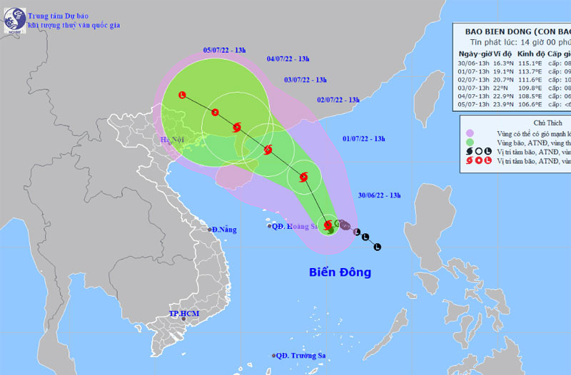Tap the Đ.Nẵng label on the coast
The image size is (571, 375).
click(x=222, y=230)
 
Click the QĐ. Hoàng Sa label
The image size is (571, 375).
click(x=293, y=226)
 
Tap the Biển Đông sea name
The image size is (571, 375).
click(x=340, y=272)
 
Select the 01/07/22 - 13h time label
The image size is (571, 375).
click(x=364, y=138)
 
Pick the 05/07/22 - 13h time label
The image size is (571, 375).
click(x=224, y=50)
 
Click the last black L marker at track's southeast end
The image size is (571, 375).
click(x=378, y=247)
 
